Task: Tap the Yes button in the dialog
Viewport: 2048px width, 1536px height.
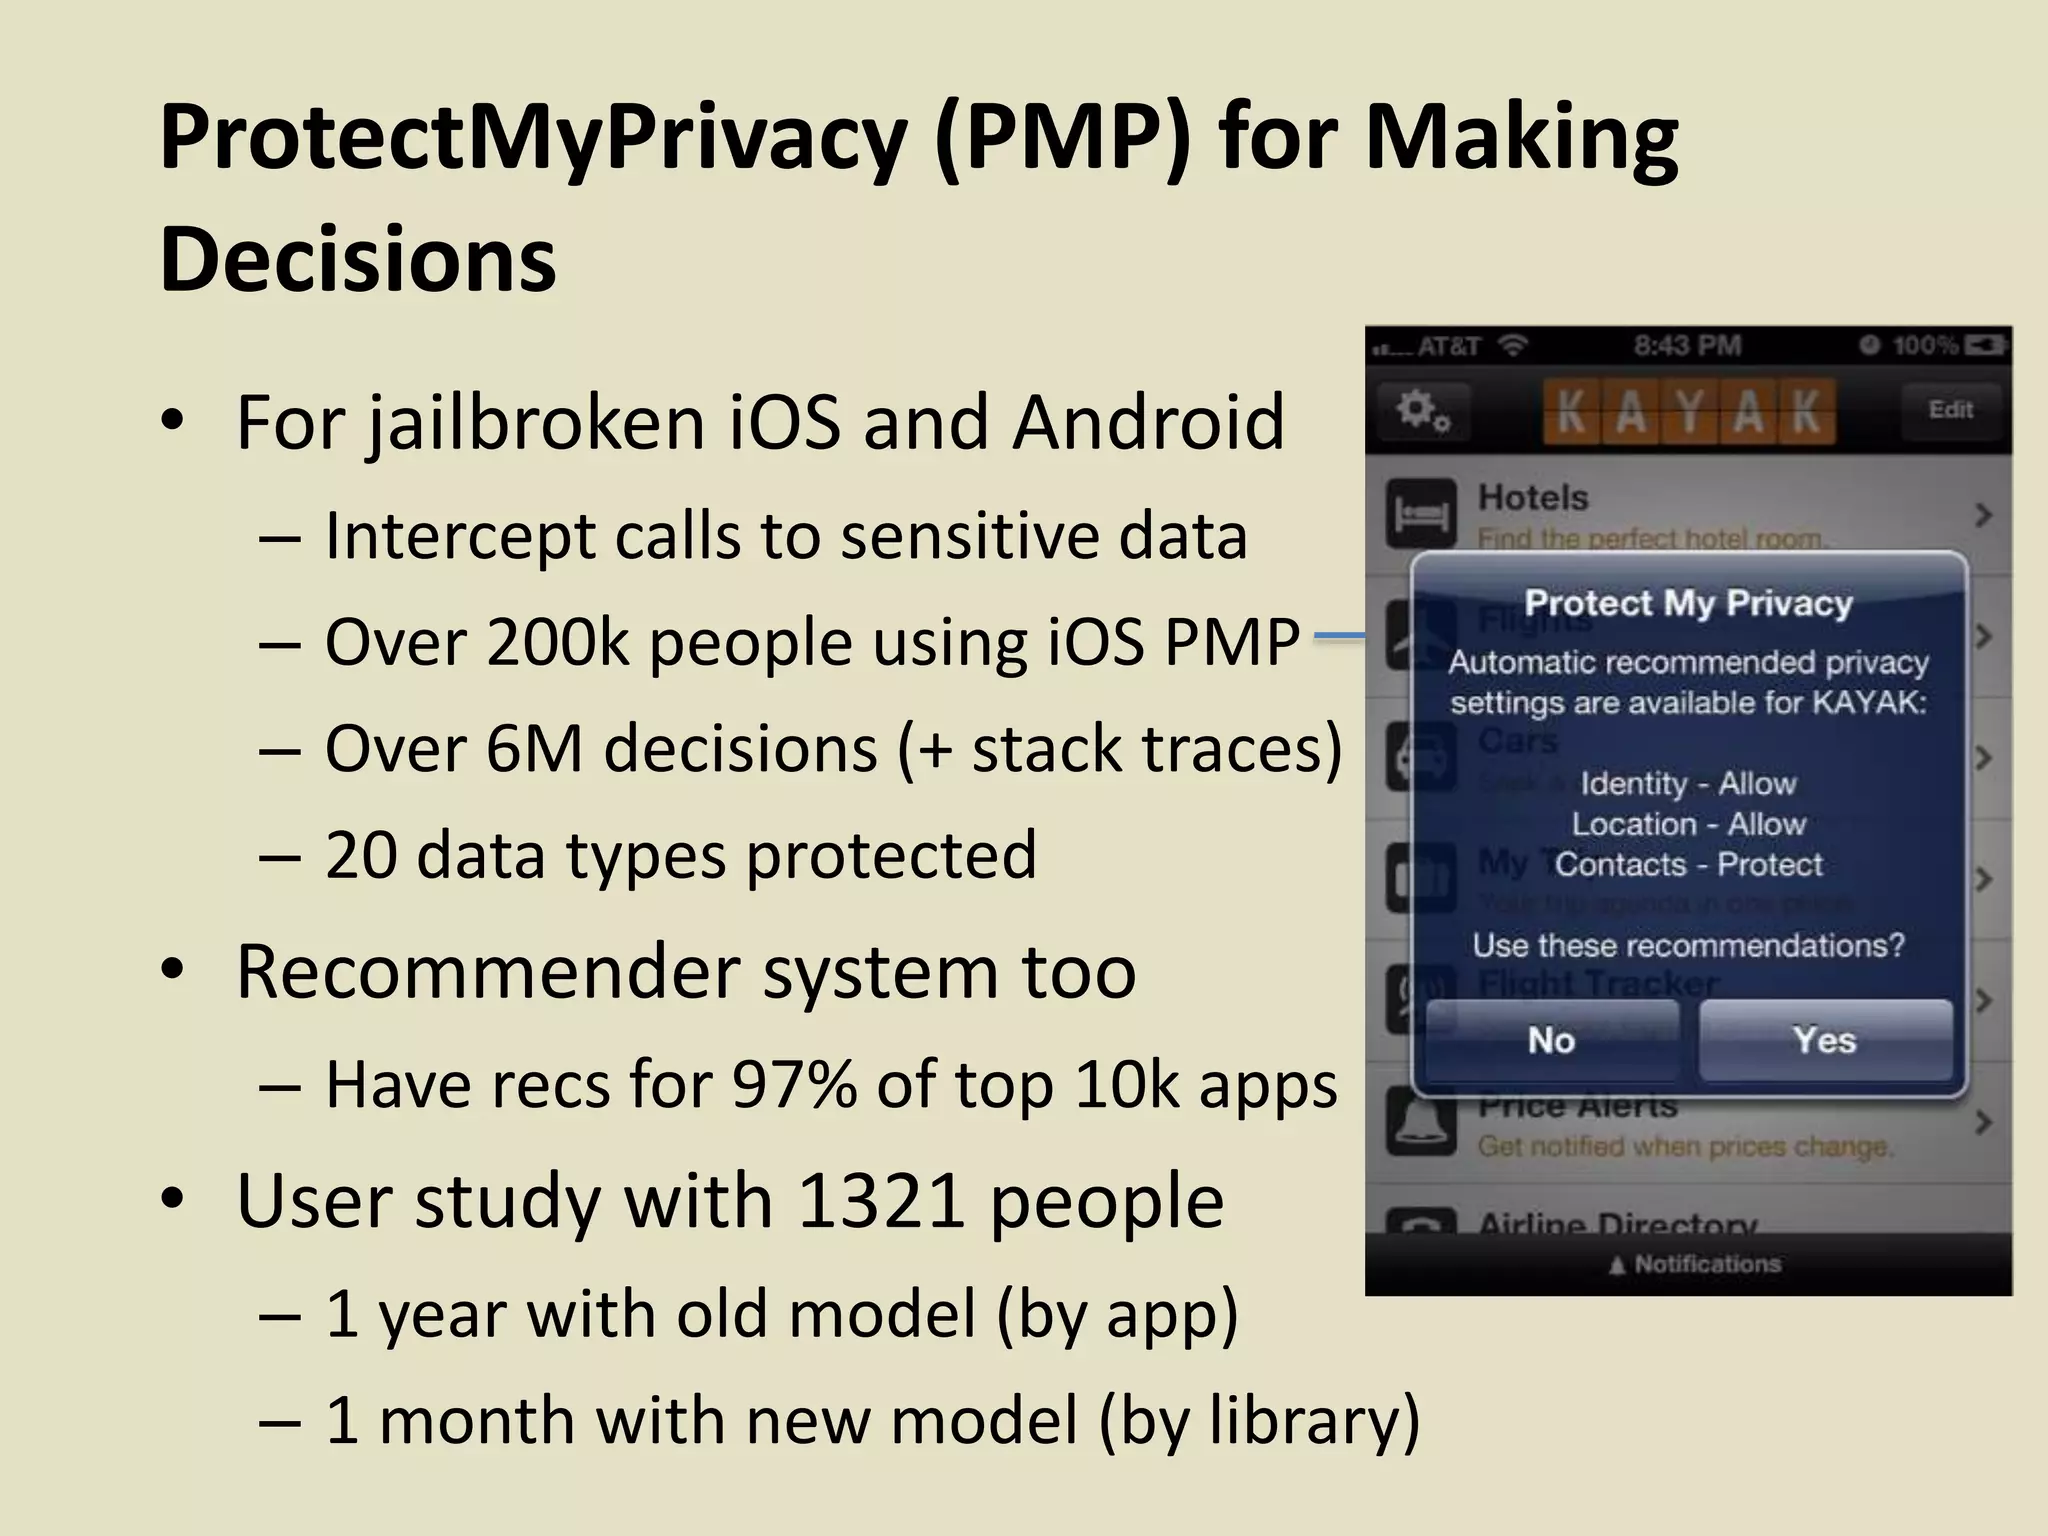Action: pos(1825,1041)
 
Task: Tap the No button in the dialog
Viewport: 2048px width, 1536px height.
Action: pos(1551,1041)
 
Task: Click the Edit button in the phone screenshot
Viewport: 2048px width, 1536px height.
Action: pos(1950,410)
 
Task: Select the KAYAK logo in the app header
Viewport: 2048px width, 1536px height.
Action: pos(1689,411)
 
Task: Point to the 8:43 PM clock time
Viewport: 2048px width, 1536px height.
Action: pos(1687,346)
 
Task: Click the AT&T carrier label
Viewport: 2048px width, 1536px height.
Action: pos(1448,347)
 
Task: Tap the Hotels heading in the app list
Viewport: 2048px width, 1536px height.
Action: pos(1533,497)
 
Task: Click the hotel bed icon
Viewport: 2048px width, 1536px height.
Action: pos(1421,515)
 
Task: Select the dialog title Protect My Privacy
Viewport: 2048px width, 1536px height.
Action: pos(1688,603)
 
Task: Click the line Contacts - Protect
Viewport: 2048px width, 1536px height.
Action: pos(1688,864)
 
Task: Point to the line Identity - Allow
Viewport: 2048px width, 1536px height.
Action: pos(1688,783)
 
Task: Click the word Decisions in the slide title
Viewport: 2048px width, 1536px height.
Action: pos(358,259)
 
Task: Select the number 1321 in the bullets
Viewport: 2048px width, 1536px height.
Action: pos(881,1200)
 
